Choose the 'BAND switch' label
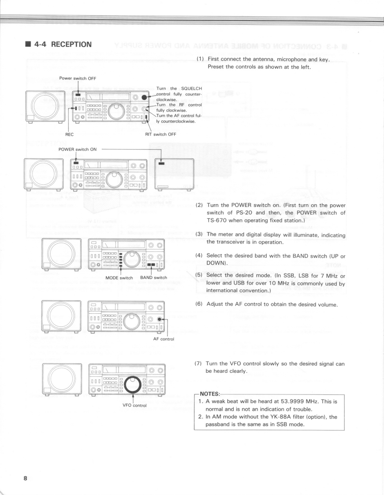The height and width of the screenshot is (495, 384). [153, 277]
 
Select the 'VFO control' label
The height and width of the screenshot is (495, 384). [133, 405]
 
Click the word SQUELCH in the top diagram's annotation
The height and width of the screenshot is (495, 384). [190, 89]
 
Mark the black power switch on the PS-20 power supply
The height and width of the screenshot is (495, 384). [162, 163]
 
